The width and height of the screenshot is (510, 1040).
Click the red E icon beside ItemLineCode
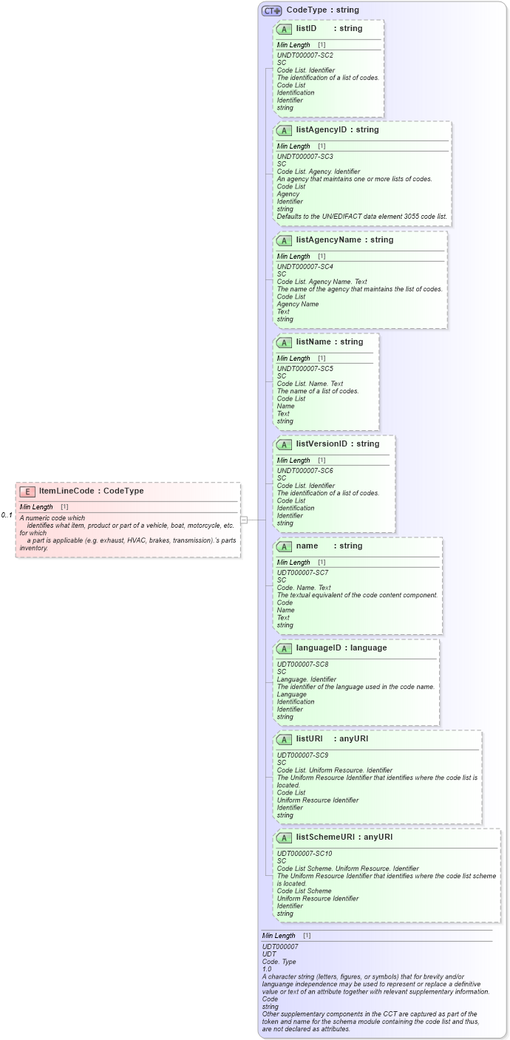(x=27, y=492)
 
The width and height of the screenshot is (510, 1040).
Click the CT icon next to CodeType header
(x=271, y=10)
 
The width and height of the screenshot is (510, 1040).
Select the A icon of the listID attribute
(x=285, y=29)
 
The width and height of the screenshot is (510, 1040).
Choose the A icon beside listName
(x=285, y=342)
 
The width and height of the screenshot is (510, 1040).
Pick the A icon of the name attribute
(x=285, y=546)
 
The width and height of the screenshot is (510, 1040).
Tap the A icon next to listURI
(x=285, y=739)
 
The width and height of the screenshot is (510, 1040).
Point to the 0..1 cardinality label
(x=7, y=515)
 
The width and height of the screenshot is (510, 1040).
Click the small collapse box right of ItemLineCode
(x=244, y=520)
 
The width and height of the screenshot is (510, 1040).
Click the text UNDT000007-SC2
(x=305, y=55)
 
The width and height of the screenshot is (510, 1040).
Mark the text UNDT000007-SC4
(x=305, y=267)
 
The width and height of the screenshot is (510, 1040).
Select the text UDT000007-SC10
(x=305, y=854)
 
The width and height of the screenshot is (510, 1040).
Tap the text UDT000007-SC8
(x=302, y=665)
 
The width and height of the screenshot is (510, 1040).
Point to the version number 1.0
(x=267, y=968)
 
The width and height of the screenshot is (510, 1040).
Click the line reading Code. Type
(x=279, y=961)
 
